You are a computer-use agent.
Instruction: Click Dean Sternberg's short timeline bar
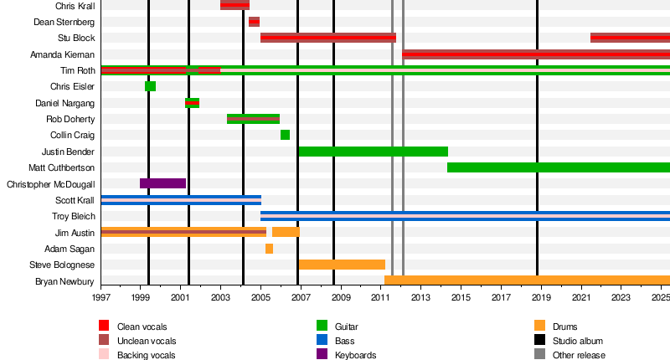[x=254, y=22]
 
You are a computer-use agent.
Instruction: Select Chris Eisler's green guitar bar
[x=150, y=86]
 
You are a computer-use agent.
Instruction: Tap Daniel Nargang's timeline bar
[x=192, y=103]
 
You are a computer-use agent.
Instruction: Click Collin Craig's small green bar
[x=285, y=135]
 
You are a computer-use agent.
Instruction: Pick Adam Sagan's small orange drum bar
[x=269, y=249]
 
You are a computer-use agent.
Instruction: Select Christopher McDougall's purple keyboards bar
[x=162, y=183]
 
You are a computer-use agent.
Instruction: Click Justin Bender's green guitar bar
[x=373, y=152]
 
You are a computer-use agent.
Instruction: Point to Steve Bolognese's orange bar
[x=342, y=265]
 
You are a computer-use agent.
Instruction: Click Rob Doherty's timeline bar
[x=253, y=119]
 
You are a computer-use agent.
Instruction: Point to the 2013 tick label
[x=420, y=297]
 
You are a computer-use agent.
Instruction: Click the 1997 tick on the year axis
[x=101, y=297]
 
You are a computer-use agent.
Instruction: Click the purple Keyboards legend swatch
[x=322, y=355]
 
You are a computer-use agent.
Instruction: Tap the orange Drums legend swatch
[x=539, y=326]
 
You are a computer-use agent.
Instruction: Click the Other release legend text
[x=580, y=355]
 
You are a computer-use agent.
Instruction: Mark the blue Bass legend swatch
[x=322, y=341]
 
